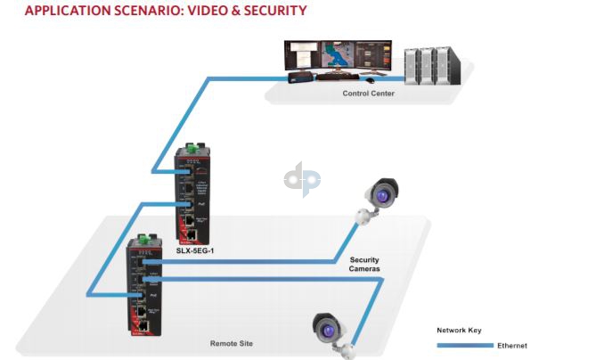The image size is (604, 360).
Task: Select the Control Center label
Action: pos(368,93)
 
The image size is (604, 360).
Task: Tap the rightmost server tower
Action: pos(449,63)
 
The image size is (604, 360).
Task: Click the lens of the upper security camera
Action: pos(384,192)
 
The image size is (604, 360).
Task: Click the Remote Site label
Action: pos(230,342)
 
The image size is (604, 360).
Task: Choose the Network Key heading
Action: pos(459,329)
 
